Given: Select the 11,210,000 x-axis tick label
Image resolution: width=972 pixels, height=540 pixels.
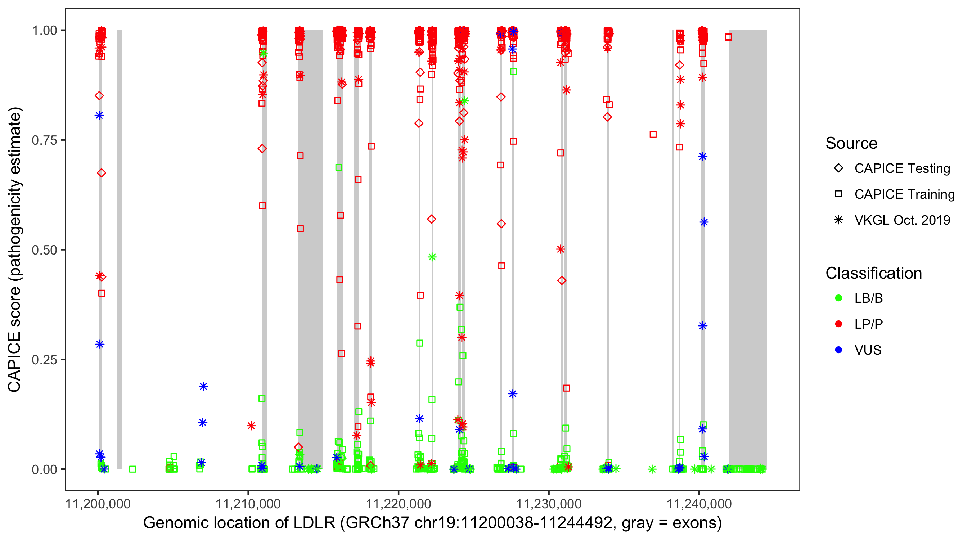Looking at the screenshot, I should click(x=248, y=504).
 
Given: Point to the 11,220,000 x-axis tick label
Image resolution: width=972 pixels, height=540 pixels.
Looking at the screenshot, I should click(x=398, y=504).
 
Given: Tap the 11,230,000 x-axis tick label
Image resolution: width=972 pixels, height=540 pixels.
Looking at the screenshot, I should click(x=548, y=504).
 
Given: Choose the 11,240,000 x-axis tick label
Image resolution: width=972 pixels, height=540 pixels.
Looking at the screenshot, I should click(x=699, y=504).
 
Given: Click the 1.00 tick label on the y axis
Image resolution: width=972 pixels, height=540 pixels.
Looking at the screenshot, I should click(x=44, y=30).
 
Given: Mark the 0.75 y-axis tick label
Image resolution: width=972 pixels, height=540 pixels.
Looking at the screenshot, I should click(x=44, y=140).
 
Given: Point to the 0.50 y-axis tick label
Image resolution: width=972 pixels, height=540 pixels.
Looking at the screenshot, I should click(x=44, y=250).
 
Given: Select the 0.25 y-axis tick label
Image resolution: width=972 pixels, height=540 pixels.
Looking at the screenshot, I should click(x=44, y=360).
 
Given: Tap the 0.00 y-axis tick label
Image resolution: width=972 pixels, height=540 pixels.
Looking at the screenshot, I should click(x=44, y=469).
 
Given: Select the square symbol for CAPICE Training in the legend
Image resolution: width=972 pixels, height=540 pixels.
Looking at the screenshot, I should click(x=838, y=194).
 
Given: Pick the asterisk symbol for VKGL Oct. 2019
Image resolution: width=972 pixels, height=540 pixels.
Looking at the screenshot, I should click(x=838, y=220).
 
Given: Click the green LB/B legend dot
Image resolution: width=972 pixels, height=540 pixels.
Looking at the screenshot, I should click(x=838, y=298).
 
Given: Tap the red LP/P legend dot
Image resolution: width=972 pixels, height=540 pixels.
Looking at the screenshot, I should click(x=838, y=324).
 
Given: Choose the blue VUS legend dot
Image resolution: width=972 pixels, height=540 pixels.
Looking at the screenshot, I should click(x=838, y=350).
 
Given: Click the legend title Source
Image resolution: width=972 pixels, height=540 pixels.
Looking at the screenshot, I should click(x=851, y=143).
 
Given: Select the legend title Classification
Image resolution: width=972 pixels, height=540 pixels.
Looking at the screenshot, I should click(x=873, y=273).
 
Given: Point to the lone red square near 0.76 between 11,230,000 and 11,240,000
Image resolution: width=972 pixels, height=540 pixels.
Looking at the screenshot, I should click(x=653, y=134).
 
